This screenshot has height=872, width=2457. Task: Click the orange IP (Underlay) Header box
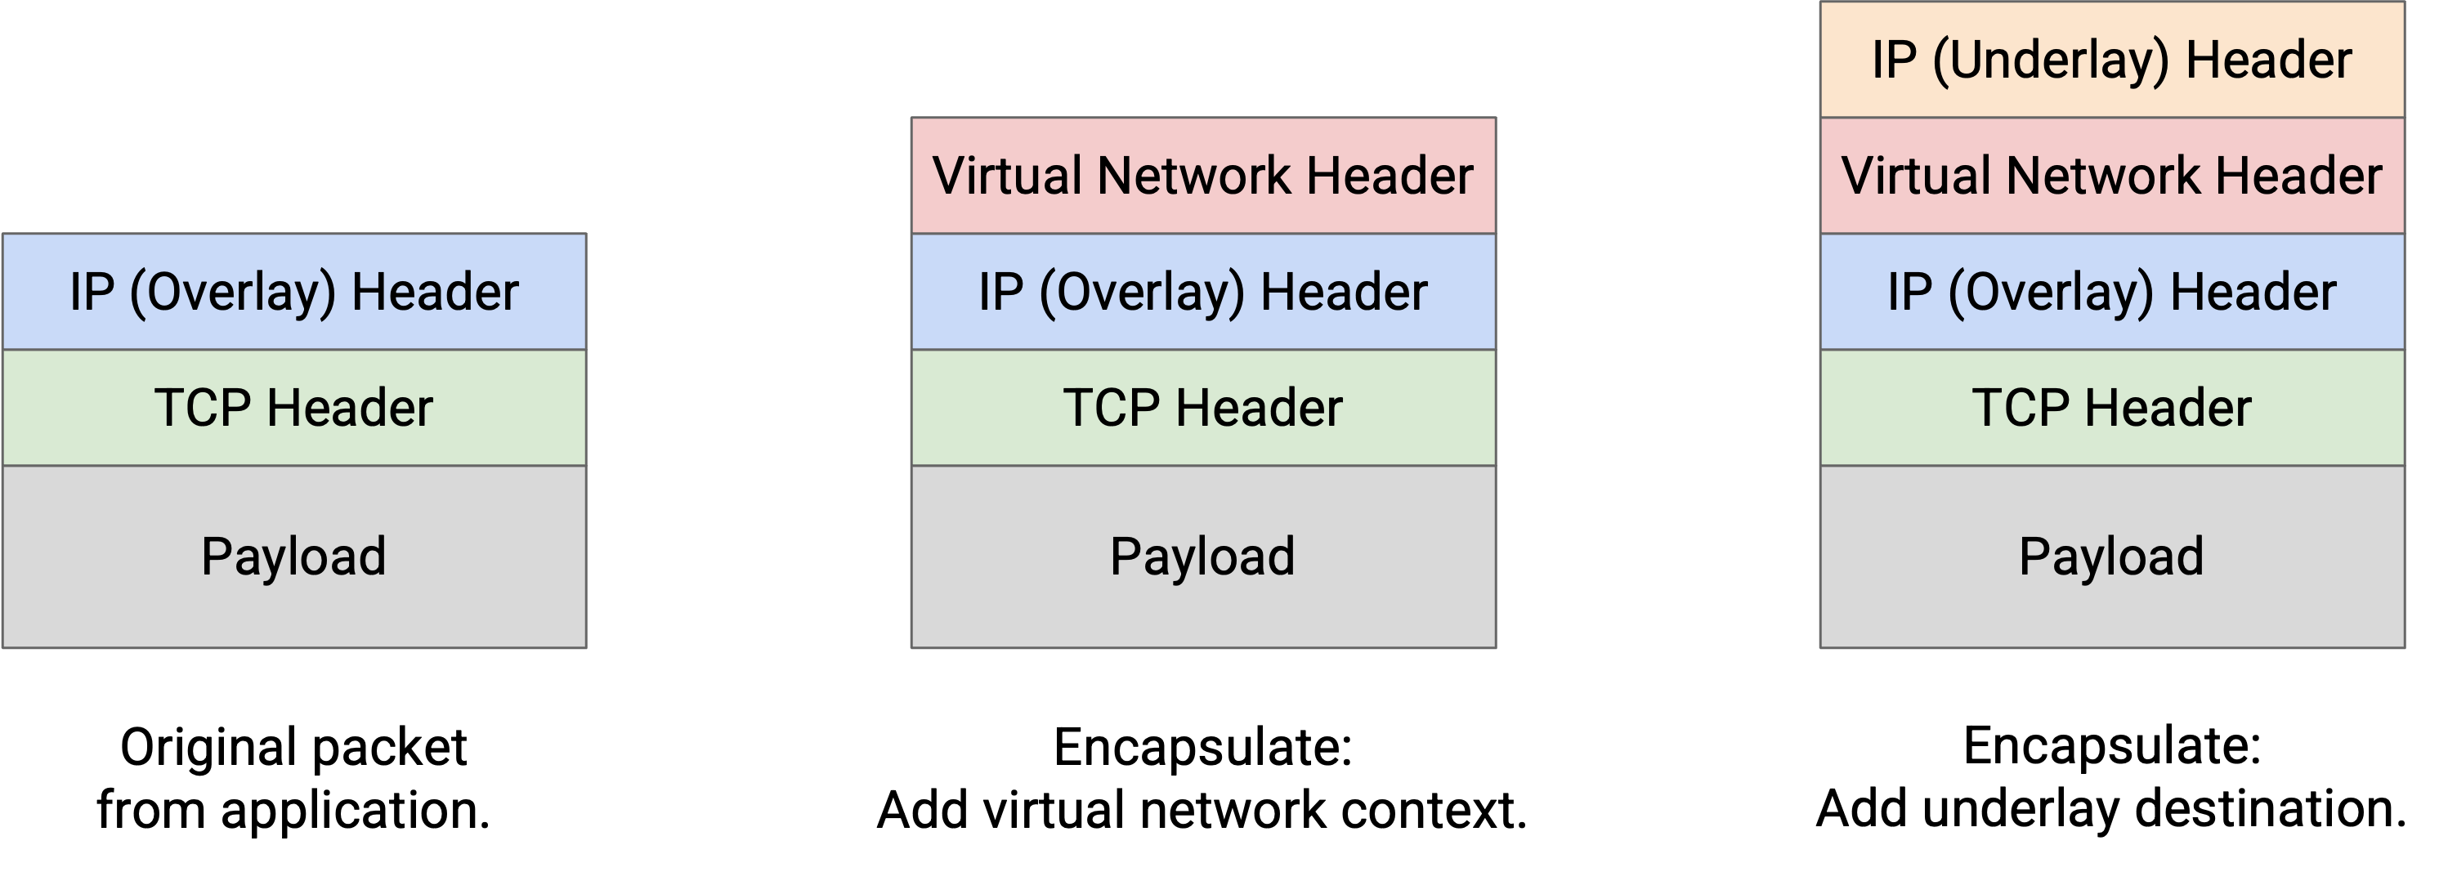pyautogui.click(x=2112, y=59)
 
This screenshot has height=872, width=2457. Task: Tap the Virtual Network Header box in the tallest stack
pyautogui.click(x=2112, y=176)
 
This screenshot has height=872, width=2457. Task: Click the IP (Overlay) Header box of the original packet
pyautogui.click(x=293, y=292)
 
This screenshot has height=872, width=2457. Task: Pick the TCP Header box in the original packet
pyautogui.click(x=293, y=407)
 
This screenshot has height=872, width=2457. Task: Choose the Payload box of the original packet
pyautogui.click(x=293, y=557)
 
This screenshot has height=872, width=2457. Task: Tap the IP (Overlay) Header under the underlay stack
pyautogui.click(x=2112, y=292)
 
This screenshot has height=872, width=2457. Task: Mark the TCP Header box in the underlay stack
pyautogui.click(x=2112, y=407)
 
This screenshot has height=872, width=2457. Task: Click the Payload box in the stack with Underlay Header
pyautogui.click(x=2112, y=557)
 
